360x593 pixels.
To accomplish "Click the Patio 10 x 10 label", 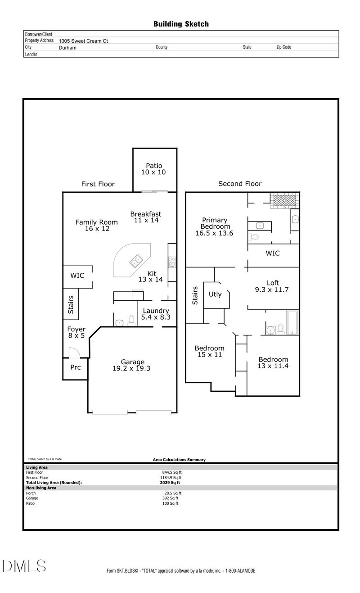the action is click(x=153, y=169).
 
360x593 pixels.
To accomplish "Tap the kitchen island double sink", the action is click(x=136, y=261).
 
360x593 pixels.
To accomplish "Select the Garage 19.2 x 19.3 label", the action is click(x=131, y=365).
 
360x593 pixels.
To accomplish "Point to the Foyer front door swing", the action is click(x=74, y=352).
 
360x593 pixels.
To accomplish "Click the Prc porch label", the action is click(x=76, y=367).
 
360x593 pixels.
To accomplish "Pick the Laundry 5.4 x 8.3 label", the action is click(x=156, y=314).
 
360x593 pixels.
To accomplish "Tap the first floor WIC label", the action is click(x=77, y=275).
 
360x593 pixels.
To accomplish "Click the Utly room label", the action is click(x=215, y=294).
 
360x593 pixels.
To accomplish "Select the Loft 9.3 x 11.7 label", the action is click(x=272, y=286).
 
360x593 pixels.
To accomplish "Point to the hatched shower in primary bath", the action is click(x=284, y=200).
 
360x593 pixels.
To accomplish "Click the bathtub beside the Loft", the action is click(x=292, y=322).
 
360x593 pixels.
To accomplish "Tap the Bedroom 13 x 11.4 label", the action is click(x=273, y=362).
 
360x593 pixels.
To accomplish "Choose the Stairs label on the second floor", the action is click(x=195, y=295).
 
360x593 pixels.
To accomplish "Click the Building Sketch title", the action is click(x=181, y=24).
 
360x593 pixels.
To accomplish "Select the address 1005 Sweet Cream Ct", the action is click(x=83, y=41).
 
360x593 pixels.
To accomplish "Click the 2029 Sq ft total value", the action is click(x=170, y=483).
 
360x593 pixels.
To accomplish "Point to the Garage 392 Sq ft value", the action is click(x=171, y=498).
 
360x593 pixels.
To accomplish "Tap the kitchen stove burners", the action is click(x=172, y=262).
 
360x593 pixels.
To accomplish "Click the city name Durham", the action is click(x=67, y=48).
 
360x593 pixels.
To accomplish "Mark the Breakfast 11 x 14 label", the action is click(x=146, y=217).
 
